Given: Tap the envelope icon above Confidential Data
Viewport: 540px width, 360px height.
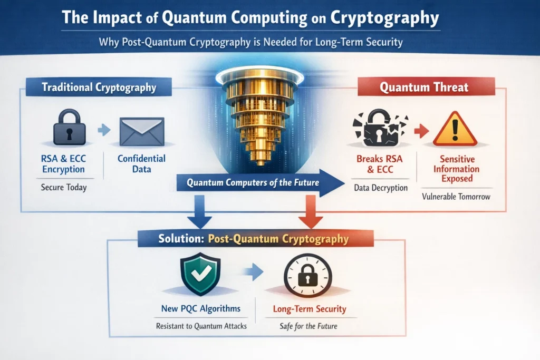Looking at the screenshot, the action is pos(141,132).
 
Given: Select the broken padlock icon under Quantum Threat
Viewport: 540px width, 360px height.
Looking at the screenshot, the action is pos(380,128).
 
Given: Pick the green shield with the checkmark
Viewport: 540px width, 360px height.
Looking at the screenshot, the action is pos(200,274).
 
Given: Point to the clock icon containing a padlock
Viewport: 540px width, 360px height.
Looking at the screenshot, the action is pos(308,275).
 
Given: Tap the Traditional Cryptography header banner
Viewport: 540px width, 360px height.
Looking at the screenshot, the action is pos(99,87).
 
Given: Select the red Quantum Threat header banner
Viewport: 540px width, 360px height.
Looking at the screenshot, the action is pos(426,87).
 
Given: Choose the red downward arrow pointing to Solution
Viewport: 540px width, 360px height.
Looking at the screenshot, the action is pos(311,211).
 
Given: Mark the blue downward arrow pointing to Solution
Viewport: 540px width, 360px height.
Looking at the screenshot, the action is pos(199,211).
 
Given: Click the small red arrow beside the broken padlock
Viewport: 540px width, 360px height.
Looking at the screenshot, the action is pos(421,131).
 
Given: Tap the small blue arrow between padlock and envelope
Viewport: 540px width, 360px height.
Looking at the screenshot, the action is pos(104,130).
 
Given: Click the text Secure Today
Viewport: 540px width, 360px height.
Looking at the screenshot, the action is pos(64,188).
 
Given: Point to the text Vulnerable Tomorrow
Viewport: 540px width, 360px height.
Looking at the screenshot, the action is pos(456,197).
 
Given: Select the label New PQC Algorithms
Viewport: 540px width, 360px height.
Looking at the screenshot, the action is pos(201,308).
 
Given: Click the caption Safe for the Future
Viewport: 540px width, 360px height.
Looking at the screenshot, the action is pos(308,326).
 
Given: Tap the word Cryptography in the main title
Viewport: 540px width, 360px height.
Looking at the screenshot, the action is pos(384,17).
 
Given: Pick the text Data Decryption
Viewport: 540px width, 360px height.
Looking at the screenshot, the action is pos(381,188).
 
